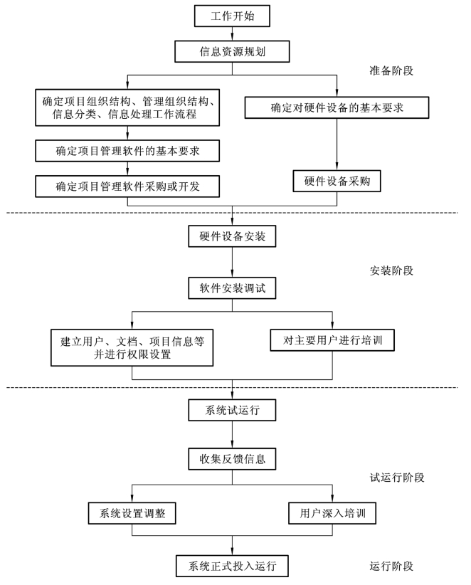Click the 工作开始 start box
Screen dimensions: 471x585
(x=232, y=16)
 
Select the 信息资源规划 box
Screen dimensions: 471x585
(x=232, y=51)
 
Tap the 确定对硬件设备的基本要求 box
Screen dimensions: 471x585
(x=337, y=108)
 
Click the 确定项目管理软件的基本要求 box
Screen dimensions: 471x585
(x=127, y=151)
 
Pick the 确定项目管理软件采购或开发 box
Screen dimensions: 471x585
(x=127, y=186)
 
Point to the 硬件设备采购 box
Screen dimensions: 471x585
(x=337, y=181)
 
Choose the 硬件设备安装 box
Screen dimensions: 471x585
(x=232, y=236)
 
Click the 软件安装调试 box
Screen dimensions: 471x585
(x=232, y=288)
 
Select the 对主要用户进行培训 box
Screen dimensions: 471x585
(x=332, y=340)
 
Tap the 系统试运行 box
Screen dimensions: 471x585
(x=232, y=411)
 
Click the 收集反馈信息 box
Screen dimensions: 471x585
(x=232, y=459)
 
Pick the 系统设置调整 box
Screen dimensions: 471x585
(x=132, y=513)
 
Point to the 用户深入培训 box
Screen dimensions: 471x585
(x=332, y=513)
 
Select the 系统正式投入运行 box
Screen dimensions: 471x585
(x=232, y=566)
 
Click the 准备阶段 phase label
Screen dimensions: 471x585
(x=391, y=71)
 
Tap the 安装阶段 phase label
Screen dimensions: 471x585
(x=391, y=271)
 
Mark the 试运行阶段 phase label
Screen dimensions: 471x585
(x=397, y=478)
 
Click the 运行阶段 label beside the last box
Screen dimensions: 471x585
(x=391, y=566)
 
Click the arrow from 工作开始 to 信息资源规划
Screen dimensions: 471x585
(x=232, y=33)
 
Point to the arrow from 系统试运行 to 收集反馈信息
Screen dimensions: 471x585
(x=232, y=435)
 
